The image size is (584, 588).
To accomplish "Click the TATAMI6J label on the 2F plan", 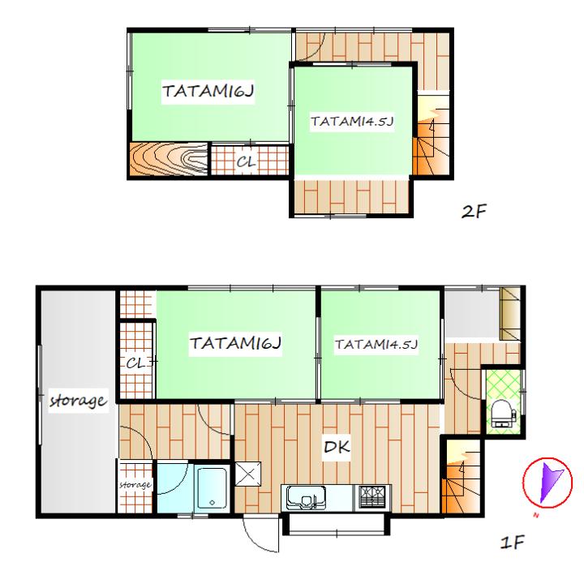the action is coord(208,91).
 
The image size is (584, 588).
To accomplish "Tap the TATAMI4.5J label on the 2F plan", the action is coord(352,121).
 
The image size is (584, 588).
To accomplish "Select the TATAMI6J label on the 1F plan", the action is coord(235,343).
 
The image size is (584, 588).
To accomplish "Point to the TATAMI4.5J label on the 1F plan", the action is coord(376,344).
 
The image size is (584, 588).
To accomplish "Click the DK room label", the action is coord(337,447).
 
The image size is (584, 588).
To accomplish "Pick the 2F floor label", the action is coord(474,212).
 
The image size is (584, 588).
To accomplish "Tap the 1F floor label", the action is coord(513,543).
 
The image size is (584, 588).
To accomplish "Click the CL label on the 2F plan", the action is coord(247,161).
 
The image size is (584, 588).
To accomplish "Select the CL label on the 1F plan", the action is coord(135,363).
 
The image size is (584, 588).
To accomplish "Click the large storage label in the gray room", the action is coord(79,401).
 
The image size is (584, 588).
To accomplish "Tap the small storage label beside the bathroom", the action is coord(135,485).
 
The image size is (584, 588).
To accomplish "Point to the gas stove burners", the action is coord(372,497).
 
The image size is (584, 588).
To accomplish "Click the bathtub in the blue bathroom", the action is coord(212,488).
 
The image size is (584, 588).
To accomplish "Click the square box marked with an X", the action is coord(248,474).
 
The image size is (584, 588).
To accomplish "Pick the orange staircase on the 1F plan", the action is coord(461,477).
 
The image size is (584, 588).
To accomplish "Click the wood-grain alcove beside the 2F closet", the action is coord(169,159).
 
